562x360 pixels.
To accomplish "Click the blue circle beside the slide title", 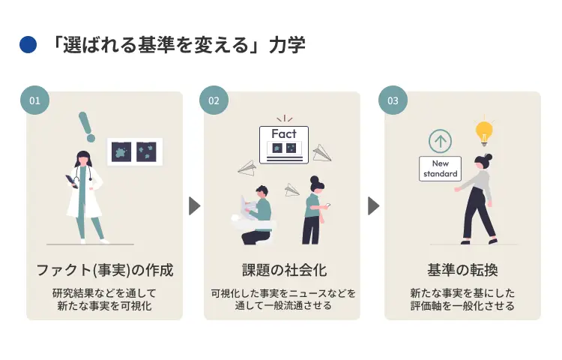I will click(28, 46).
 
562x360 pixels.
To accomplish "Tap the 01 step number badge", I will click(34, 100).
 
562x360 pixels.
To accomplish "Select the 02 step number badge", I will click(214, 100).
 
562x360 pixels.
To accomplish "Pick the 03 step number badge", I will click(393, 100).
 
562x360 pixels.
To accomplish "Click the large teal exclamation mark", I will click(88, 127).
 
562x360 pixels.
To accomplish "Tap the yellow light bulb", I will click(484, 133).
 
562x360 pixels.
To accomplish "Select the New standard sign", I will click(440, 169).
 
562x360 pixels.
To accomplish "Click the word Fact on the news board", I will click(283, 133).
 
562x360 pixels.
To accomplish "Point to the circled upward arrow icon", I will click(441, 141).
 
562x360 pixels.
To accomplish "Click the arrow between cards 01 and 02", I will click(194, 205).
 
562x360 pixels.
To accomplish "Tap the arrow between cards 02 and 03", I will click(373, 205).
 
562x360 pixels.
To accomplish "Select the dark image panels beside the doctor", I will click(135, 151).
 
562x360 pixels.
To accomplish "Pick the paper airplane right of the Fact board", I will click(321, 153).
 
